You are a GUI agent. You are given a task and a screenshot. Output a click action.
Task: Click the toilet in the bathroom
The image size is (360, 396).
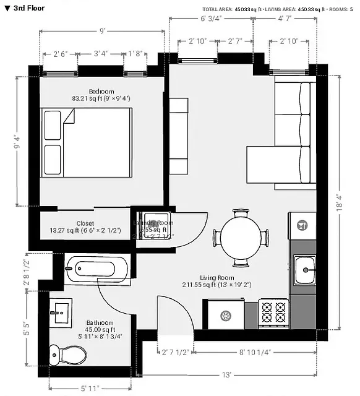68,355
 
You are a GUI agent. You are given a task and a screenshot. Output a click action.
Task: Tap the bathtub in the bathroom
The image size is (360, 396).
98,269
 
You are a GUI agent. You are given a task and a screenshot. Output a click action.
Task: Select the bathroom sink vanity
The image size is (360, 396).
60,313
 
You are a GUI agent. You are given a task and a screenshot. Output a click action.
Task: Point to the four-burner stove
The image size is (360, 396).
273,313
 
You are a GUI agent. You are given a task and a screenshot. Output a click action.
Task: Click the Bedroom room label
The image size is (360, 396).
84,92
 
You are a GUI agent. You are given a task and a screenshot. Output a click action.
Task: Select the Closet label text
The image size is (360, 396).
85,223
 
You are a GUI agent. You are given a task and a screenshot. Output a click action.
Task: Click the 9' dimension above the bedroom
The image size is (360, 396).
101,30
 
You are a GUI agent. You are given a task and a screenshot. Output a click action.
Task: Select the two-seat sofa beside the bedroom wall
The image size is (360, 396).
179,136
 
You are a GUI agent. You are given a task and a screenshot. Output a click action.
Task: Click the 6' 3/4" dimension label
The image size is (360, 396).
211,19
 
